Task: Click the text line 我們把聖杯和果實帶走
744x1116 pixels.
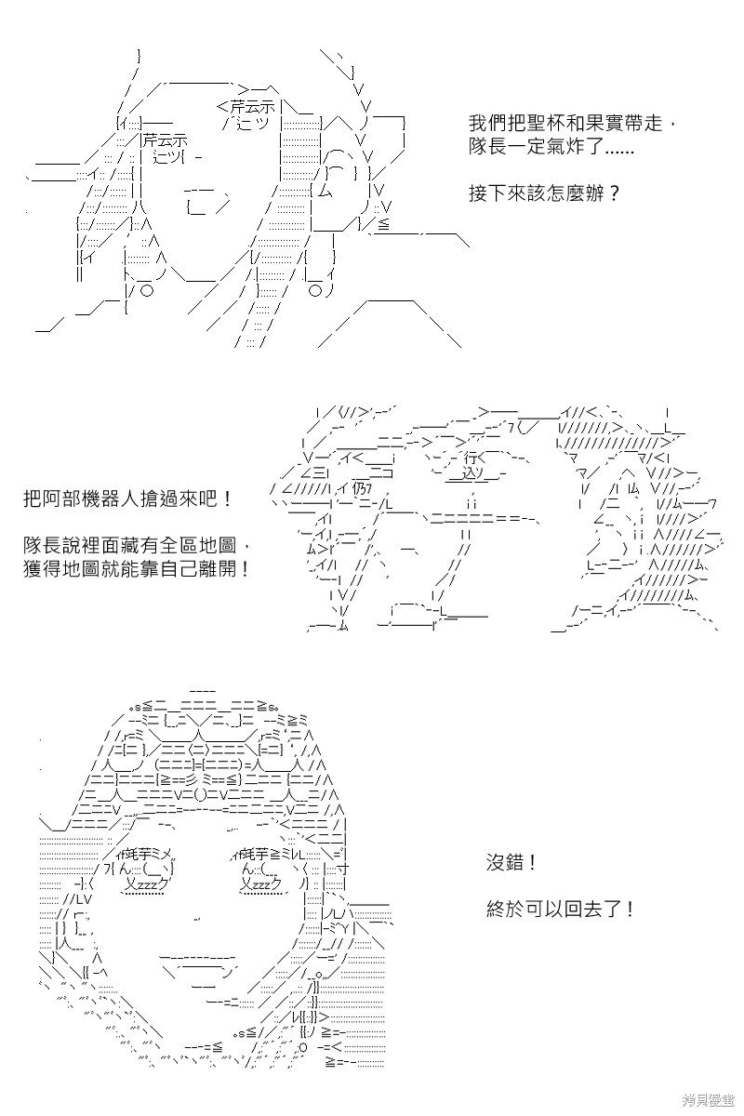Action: [572, 123]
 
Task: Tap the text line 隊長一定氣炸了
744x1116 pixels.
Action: [551, 147]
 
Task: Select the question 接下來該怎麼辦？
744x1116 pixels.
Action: [544, 193]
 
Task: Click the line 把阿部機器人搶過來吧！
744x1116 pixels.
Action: [127, 498]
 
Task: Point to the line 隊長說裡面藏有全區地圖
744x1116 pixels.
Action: [136, 545]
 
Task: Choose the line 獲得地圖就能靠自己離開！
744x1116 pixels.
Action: [136, 568]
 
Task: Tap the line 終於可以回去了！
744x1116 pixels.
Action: [561, 910]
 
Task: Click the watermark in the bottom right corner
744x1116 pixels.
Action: [708, 1101]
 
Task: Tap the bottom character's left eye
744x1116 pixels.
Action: [142, 873]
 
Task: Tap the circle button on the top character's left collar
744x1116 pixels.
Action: [147, 290]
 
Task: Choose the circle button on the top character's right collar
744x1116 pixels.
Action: [315, 290]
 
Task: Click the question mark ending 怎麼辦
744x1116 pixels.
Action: [614, 193]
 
